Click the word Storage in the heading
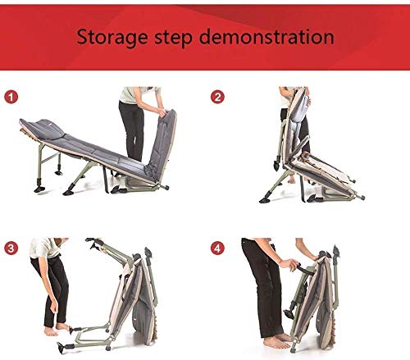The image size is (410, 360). (112, 38)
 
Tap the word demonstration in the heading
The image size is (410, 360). (266, 36)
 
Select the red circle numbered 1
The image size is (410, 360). (11, 97)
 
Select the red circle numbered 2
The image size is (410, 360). (217, 97)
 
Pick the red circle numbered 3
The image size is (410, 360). (11, 248)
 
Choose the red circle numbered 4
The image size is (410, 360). (217, 248)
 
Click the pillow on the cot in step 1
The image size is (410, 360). (49, 129)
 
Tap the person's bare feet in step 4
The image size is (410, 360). (278, 340)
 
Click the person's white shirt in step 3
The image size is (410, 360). (45, 248)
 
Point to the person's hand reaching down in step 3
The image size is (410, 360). (54, 307)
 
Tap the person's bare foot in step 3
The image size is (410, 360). (51, 331)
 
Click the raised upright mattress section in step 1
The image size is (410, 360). (162, 144)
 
